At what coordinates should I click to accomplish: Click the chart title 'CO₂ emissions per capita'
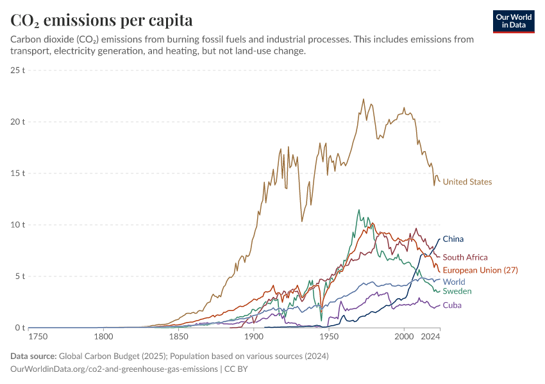pyautogui.click(x=101, y=20)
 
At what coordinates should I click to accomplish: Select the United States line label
pyautogui.click(x=467, y=182)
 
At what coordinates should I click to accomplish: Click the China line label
pyautogui.click(x=453, y=239)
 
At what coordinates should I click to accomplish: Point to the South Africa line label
pyautogui.click(x=465, y=257)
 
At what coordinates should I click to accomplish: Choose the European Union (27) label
pyautogui.click(x=480, y=270)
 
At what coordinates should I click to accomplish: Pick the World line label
pyautogui.click(x=454, y=282)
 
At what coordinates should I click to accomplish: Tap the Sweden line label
pyautogui.click(x=457, y=291)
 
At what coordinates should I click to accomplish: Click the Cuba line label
pyautogui.click(x=452, y=305)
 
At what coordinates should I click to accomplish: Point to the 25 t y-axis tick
pyautogui.click(x=17, y=70)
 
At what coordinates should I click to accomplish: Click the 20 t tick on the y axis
pyautogui.click(x=17, y=122)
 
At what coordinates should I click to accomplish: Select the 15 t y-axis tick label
pyautogui.click(x=17, y=173)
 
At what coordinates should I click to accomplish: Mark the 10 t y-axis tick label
pyautogui.click(x=17, y=225)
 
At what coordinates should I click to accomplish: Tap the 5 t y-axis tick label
pyautogui.click(x=20, y=276)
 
